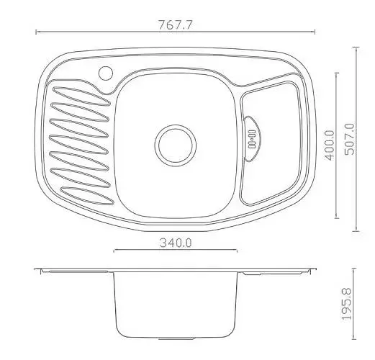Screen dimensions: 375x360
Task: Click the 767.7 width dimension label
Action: (x=176, y=25)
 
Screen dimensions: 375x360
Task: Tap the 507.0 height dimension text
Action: (x=349, y=139)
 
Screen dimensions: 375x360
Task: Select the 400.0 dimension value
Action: (x=329, y=145)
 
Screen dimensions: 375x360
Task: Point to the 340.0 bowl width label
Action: (x=176, y=243)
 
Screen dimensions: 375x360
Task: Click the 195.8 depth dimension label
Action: (x=347, y=304)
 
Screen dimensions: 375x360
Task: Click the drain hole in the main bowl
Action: (x=176, y=145)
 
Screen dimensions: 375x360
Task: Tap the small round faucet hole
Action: (x=106, y=73)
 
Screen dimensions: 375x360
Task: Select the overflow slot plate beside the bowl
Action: (x=252, y=139)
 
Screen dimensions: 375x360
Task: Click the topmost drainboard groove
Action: (x=81, y=96)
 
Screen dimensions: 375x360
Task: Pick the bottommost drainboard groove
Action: (x=87, y=196)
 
